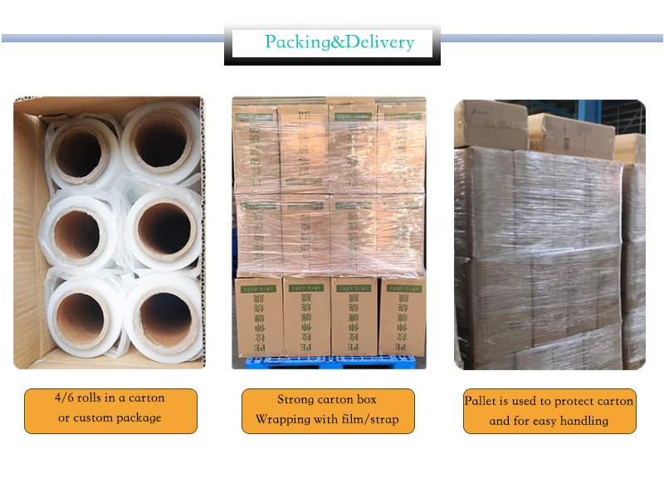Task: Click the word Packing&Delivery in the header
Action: coord(339,42)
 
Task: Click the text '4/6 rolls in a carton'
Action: coord(110,398)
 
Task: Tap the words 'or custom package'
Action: coord(110,417)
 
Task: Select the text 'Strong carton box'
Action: coord(327,399)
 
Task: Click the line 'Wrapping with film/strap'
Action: coord(327,419)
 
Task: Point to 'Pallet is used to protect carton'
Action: coord(549,401)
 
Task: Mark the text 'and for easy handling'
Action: coord(549,421)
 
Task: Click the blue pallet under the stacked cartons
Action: coord(328,362)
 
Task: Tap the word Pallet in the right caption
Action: coord(480,401)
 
